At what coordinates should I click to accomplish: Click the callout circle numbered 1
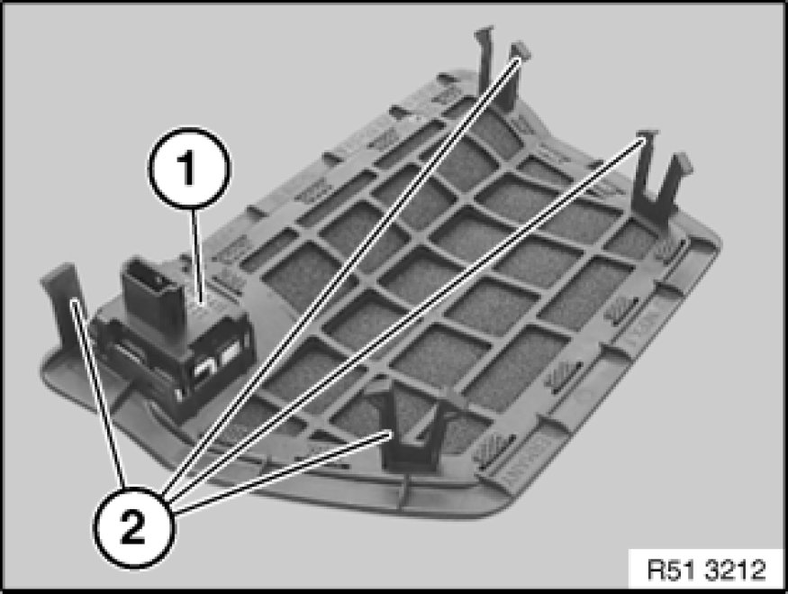189,168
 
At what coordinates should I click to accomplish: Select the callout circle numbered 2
133,527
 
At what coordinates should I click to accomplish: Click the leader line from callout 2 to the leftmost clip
99,392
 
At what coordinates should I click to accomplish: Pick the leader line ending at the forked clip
406,318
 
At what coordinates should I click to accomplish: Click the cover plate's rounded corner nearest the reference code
703,242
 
